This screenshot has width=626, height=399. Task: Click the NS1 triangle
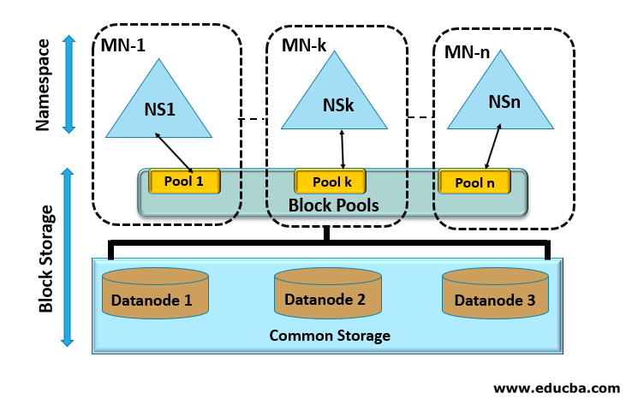158,108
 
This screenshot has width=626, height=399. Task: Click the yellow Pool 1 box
185,181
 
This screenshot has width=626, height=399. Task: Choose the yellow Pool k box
331,182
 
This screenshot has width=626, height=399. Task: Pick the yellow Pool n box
474,182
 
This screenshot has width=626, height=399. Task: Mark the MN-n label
467,51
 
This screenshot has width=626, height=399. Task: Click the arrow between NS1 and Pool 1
175,152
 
